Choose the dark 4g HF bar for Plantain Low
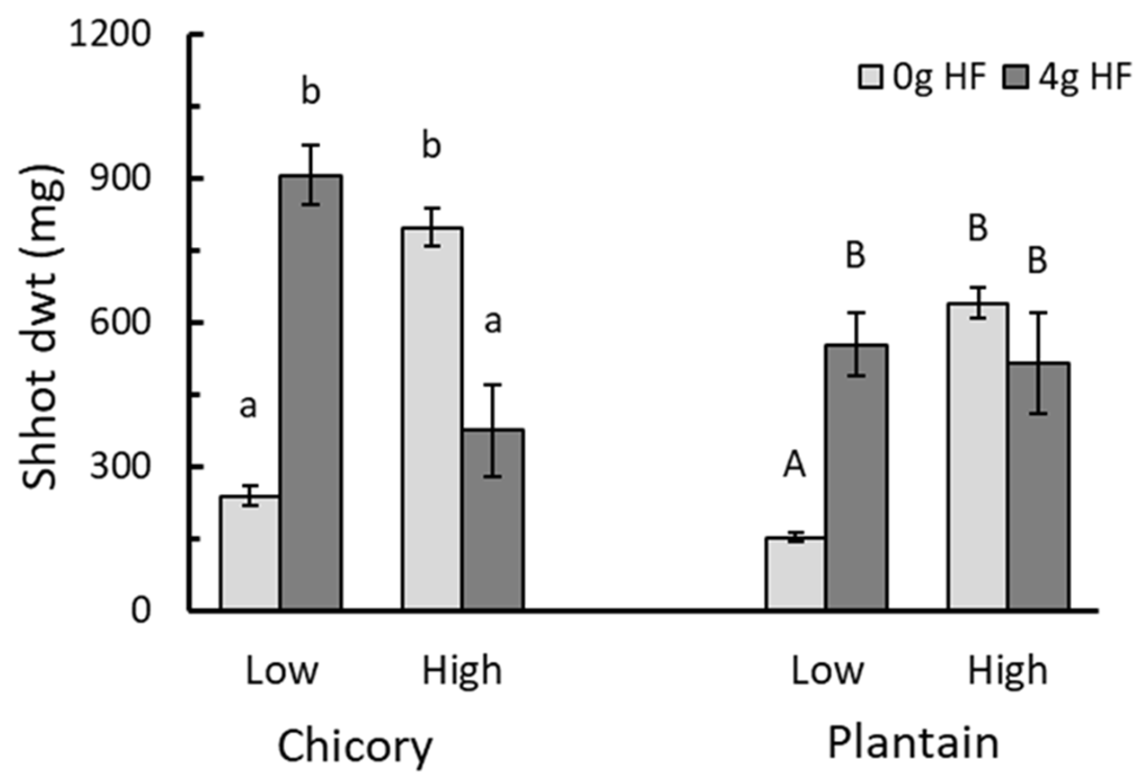point(856,477)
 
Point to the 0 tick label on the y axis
point(141,610)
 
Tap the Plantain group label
point(913,742)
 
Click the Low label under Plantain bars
point(827,671)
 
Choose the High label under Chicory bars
point(462,671)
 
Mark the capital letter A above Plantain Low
point(794,465)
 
